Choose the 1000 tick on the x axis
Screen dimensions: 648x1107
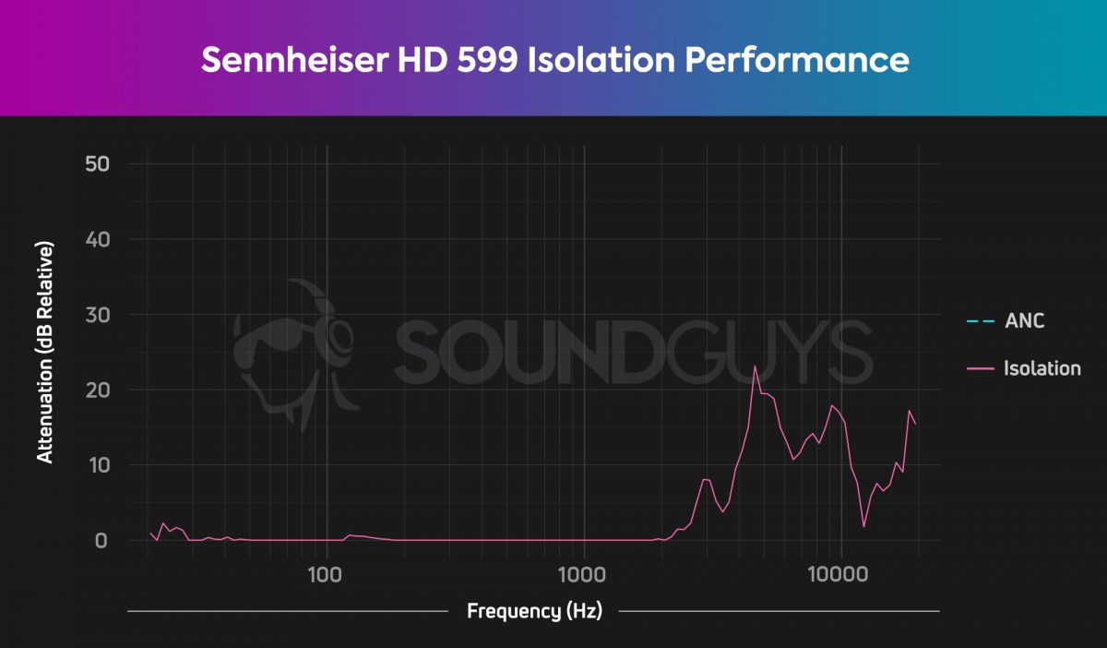583,573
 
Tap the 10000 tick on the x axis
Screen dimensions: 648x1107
839,573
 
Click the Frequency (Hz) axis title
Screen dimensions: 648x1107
534,611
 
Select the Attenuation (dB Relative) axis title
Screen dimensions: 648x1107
44,353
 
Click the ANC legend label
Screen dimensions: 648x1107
1024,321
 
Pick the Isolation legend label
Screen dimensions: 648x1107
1042,368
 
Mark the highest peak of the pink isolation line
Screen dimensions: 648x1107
755,366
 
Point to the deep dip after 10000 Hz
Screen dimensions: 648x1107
863,526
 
